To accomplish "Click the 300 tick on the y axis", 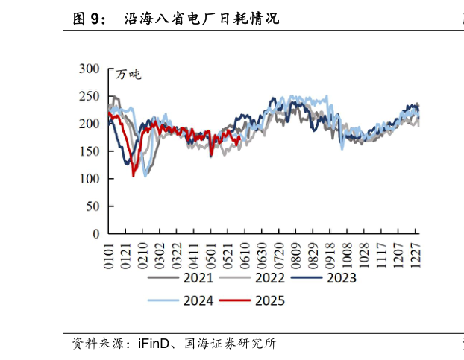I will coord(89,69).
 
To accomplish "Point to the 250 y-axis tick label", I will coord(89,96).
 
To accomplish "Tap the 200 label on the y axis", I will coord(89,124).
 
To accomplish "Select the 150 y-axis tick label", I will coord(89,151).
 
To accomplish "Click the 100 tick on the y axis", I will coord(89,179).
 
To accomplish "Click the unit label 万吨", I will coord(128,74).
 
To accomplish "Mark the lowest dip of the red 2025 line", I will coord(134,175).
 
